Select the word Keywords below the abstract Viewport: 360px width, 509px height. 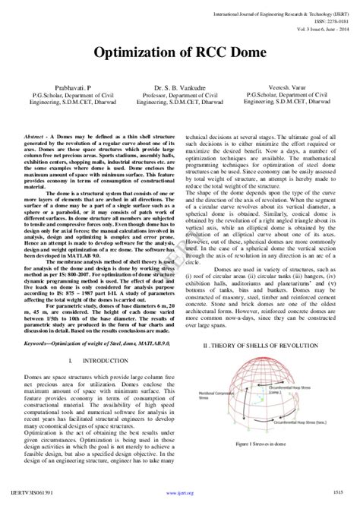[37, 343]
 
